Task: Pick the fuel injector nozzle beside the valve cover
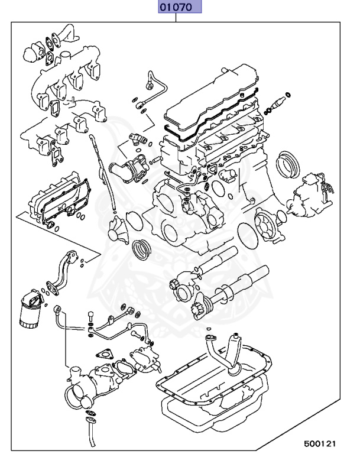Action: click(278, 106)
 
